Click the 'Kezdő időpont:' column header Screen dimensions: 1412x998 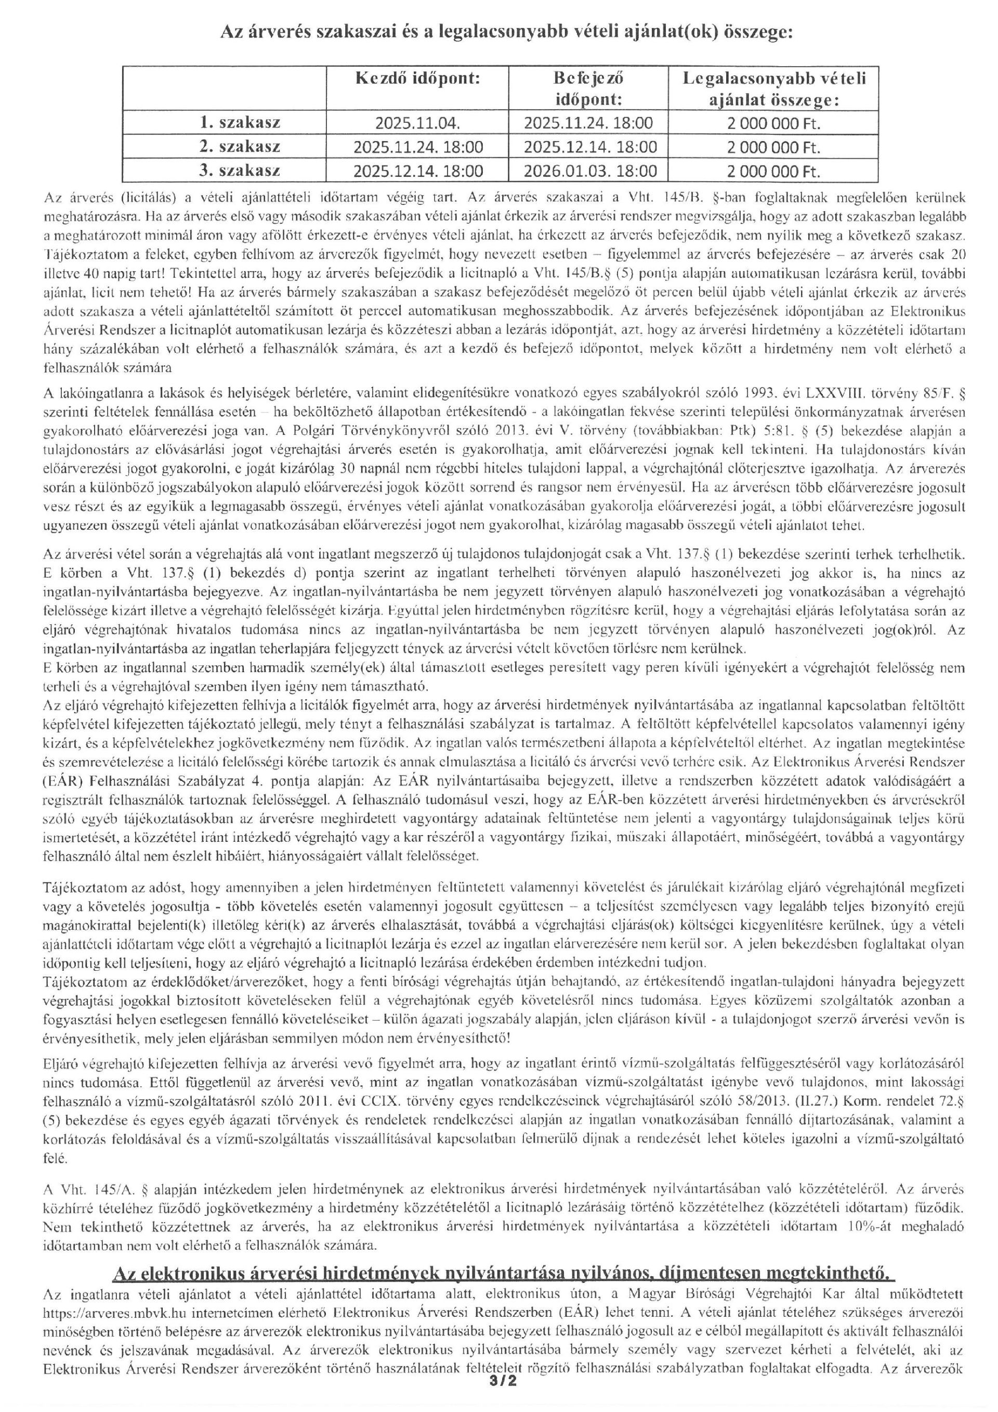point(417,79)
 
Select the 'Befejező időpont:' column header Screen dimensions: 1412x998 point(589,88)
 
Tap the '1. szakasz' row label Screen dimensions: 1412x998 point(240,122)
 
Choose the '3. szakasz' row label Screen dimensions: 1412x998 point(240,170)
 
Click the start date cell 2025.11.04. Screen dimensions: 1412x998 point(417,123)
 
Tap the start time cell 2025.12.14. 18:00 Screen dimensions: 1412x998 point(418,171)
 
